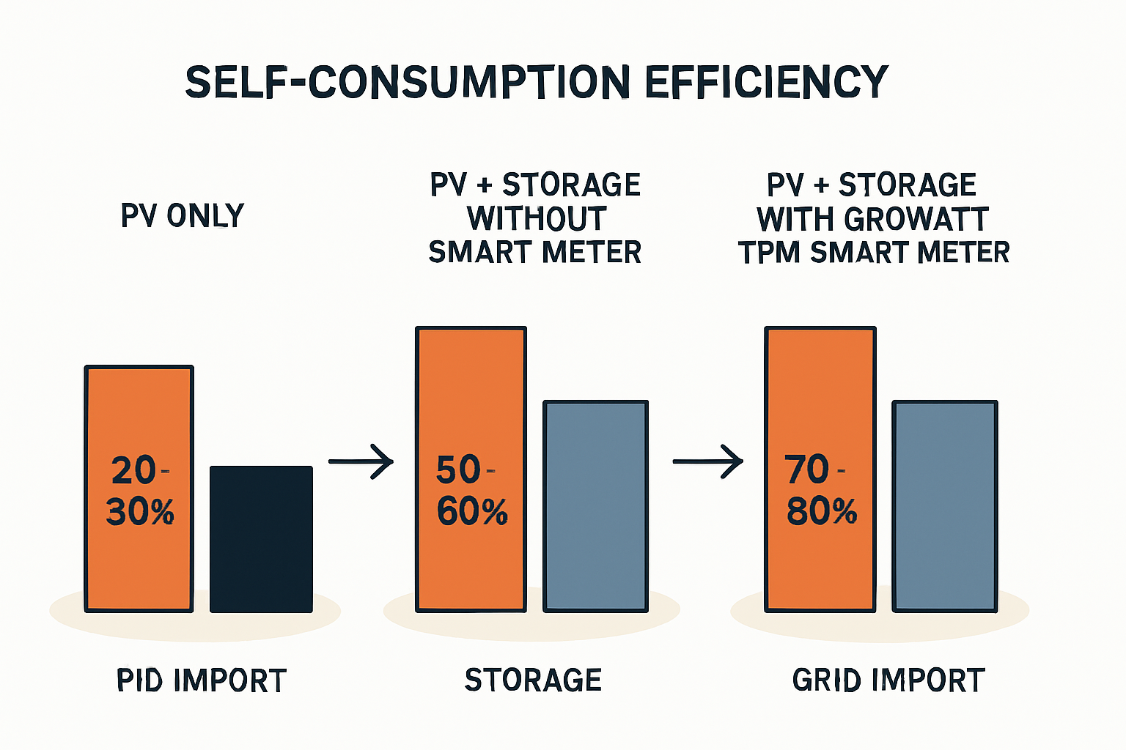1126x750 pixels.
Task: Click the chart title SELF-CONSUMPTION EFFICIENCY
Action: click(x=537, y=82)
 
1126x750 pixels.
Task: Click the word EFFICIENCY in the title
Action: click(x=766, y=82)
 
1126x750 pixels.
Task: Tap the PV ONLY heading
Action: click(x=183, y=216)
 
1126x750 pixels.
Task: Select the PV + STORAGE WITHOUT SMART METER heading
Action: click(x=535, y=218)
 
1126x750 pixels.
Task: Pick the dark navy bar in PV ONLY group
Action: click(x=261, y=539)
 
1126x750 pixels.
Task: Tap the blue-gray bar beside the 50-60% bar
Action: click(x=595, y=505)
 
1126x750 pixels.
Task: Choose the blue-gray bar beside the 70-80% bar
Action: click(x=945, y=505)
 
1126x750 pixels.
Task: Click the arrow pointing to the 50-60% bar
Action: click(x=361, y=461)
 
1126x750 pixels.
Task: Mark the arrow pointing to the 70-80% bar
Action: click(x=708, y=461)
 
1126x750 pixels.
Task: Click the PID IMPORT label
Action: click(x=202, y=680)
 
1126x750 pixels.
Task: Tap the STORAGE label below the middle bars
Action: click(x=533, y=680)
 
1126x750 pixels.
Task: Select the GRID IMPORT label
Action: click(x=888, y=680)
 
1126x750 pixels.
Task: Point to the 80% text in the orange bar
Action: click(x=822, y=512)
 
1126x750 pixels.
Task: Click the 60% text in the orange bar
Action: click(x=472, y=512)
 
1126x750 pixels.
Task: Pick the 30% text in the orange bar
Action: click(x=140, y=512)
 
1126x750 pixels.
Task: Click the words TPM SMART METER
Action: click(x=874, y=253)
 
